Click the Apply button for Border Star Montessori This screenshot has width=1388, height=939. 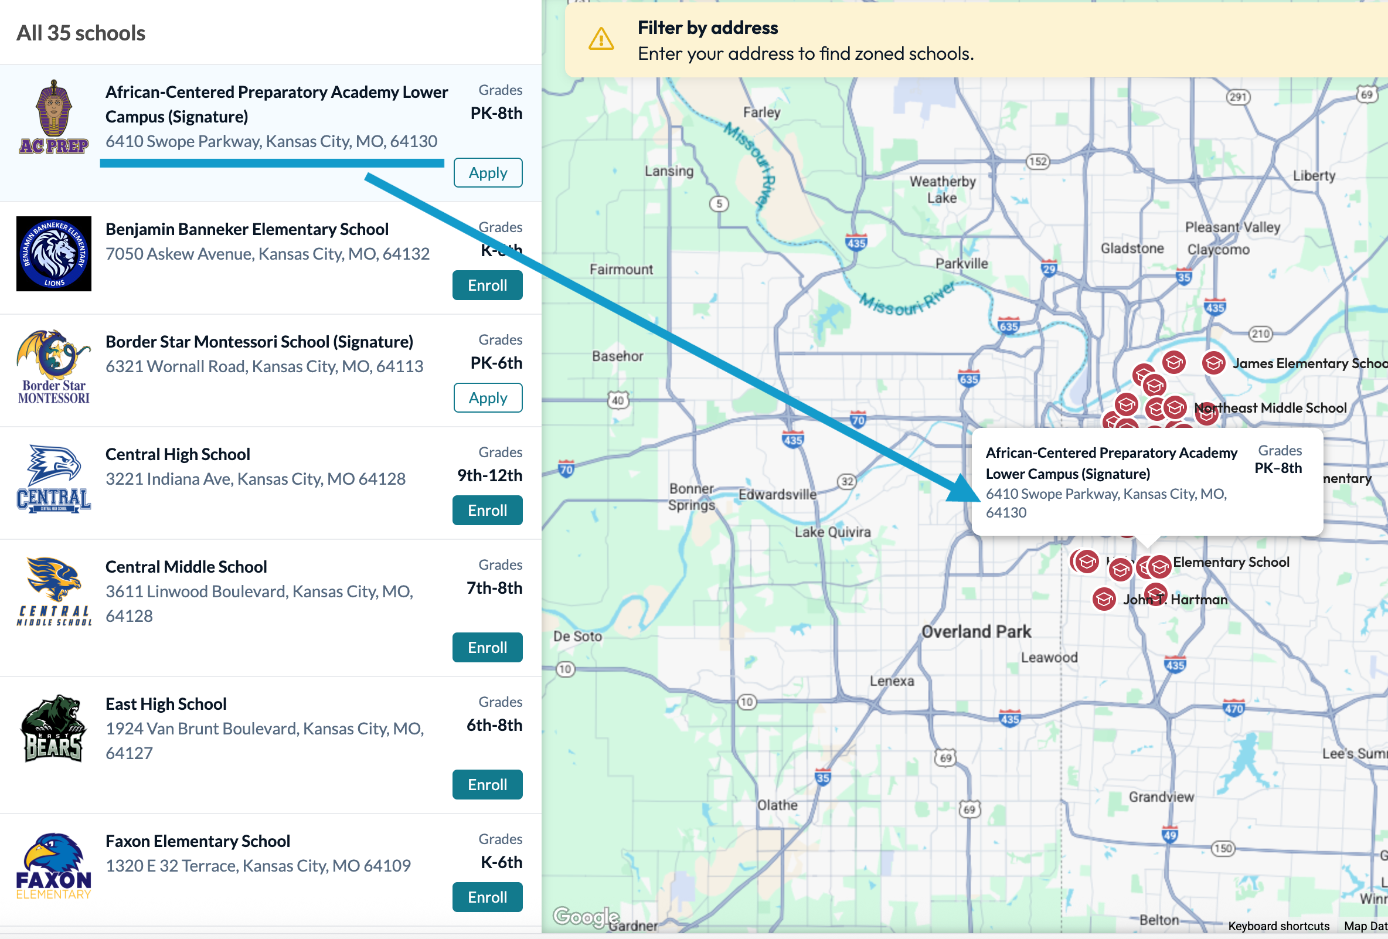(487, 398)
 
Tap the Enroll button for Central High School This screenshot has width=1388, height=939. (487, 510)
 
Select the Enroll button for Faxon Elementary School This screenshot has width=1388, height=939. (487, 897)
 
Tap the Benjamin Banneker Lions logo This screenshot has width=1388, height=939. (54, 254)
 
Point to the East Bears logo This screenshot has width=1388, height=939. (54, 729)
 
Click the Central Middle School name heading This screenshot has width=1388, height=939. (186, 567)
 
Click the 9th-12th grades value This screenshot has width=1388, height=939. (490, 475)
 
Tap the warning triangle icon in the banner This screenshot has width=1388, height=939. (601, 39)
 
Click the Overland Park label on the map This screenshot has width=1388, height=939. (976, 631)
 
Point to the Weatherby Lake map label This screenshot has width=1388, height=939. (943, 189)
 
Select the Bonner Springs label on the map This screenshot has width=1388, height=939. (692, 496)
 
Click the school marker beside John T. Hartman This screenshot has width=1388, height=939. (1104, 599)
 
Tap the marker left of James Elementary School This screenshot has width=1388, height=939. (1213, 363)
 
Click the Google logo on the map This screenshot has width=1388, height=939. (586, 916)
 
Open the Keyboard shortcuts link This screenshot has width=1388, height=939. (1279, 926)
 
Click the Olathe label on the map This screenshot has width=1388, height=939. (777, 805)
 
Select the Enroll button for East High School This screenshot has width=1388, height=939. (487, 784)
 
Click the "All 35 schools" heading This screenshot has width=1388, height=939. (81, 33)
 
